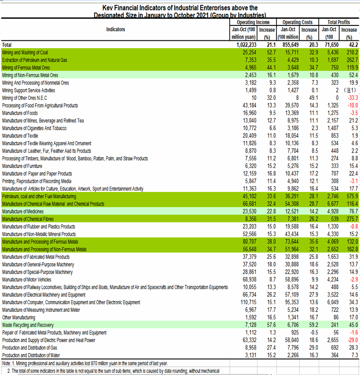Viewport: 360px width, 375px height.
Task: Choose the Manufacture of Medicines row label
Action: pyautogui.click(x=23, y=212)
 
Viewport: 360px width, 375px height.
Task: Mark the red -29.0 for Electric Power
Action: pyautogui.click(x=351, y=340)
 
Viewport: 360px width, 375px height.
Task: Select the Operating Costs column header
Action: pyautogui.click(x=297, y=22)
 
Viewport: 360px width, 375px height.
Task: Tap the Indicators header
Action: pyautogui.click(x=115, y=30)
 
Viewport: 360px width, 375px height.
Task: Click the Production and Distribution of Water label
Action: pyautogui.click(x=34, y=355)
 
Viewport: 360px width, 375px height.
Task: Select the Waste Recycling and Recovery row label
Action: pyautogui.click(x=28, y=325)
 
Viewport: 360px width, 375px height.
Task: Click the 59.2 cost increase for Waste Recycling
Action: pyautogui.click(x=311, y=325)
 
